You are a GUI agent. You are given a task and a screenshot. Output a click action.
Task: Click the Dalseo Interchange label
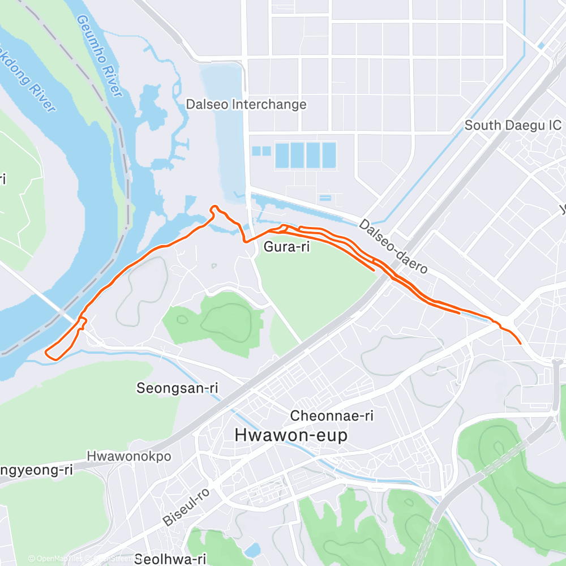[x=246, y=105]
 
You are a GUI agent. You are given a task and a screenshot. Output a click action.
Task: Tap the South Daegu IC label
[x=513, y=125]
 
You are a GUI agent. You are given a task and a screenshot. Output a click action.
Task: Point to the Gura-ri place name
[x=286, y=247]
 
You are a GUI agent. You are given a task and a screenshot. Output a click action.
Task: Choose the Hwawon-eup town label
[x=291, y=435]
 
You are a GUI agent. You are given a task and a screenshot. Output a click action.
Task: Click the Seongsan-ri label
[x=177, y=388]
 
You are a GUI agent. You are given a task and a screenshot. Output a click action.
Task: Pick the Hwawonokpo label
[x=130, y=456]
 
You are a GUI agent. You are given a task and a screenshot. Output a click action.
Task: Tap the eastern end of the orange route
[x=520, y=342]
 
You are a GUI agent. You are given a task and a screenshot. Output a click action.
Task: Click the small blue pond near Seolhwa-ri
[x=253, y=549]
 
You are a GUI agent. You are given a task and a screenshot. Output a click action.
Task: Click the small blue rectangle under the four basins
[x=325, y=198]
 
